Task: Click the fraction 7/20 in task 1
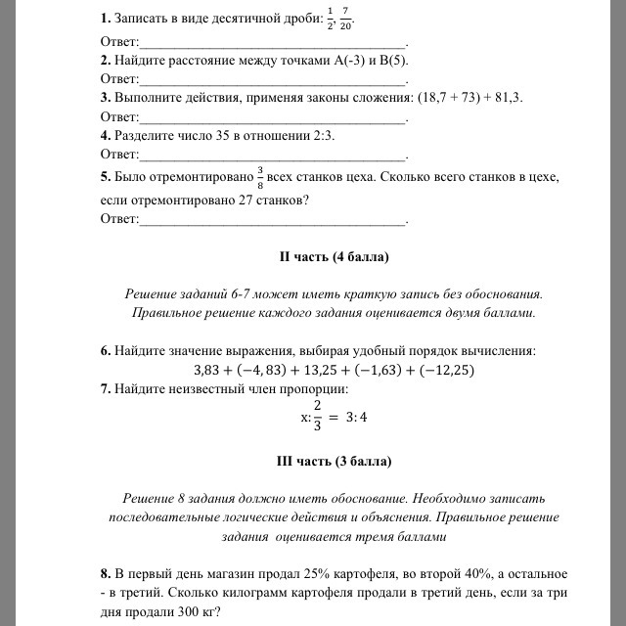point(346,20)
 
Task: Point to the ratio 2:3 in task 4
point(321,136)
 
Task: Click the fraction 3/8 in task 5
point(260,177)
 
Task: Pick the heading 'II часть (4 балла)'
point(334,257)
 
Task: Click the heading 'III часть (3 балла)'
point(334,460)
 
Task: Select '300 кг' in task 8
point(194,613)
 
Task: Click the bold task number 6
point(106,349)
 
